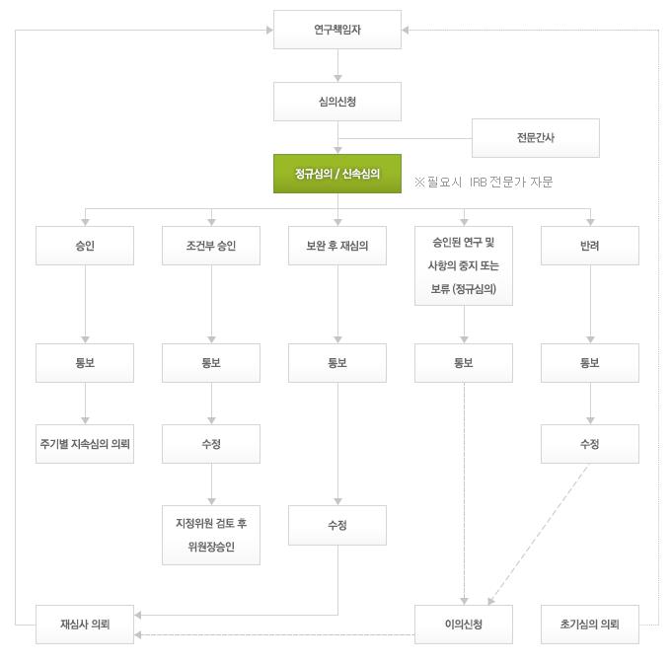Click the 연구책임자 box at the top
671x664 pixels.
[x=337, y=30]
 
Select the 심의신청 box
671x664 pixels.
[x=337, y=102]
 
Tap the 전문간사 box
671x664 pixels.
[x=535, y=138]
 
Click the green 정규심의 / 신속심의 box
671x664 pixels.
[x=337, y=174]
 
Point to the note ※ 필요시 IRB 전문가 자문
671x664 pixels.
[x=484, y=183]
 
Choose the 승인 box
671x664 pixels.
[x=85, y=246]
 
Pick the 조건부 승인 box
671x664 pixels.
[x=211, y=246]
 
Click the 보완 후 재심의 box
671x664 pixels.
[x=337, y=246]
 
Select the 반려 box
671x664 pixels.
[x=590, y=246]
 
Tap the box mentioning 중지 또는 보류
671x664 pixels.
[x=464, y=265]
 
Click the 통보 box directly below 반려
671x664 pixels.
[x=590, y=363]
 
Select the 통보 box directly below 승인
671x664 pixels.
[x=85, y=363]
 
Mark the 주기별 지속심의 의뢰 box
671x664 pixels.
[x=85, y=444]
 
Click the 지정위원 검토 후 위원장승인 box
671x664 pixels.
[x=211, y=535]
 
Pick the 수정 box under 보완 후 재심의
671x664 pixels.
[x=337, y=525]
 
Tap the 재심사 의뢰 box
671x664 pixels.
[x=85, y=625]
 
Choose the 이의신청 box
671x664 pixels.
[x=464, y=625]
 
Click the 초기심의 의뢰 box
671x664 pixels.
[x=590, y=625]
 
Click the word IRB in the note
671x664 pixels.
[x=479, y=183]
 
